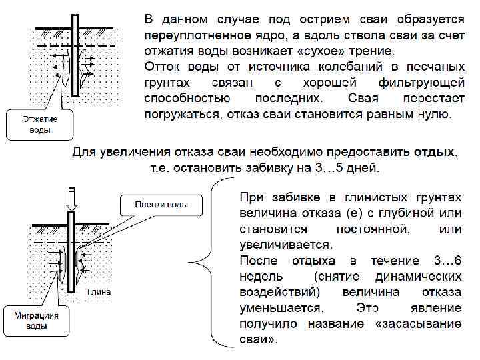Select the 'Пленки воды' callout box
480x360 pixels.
pyautogui.click(x=161, y=205)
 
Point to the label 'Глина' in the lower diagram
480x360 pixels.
pyautogui.click(x=99, y=291)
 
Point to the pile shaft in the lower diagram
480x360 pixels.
pyautogui.click(x=71, y=260)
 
